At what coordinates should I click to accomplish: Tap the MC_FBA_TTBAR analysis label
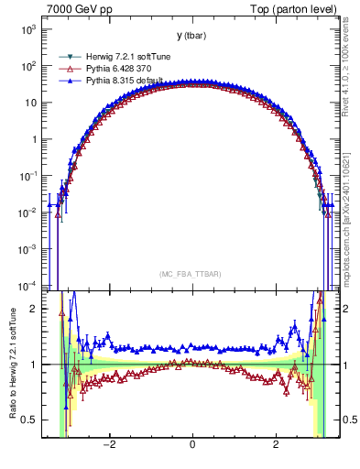coord(191,274)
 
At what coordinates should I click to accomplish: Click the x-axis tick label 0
coord(192,445)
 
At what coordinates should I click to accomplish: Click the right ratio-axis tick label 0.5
coord(347,420)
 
